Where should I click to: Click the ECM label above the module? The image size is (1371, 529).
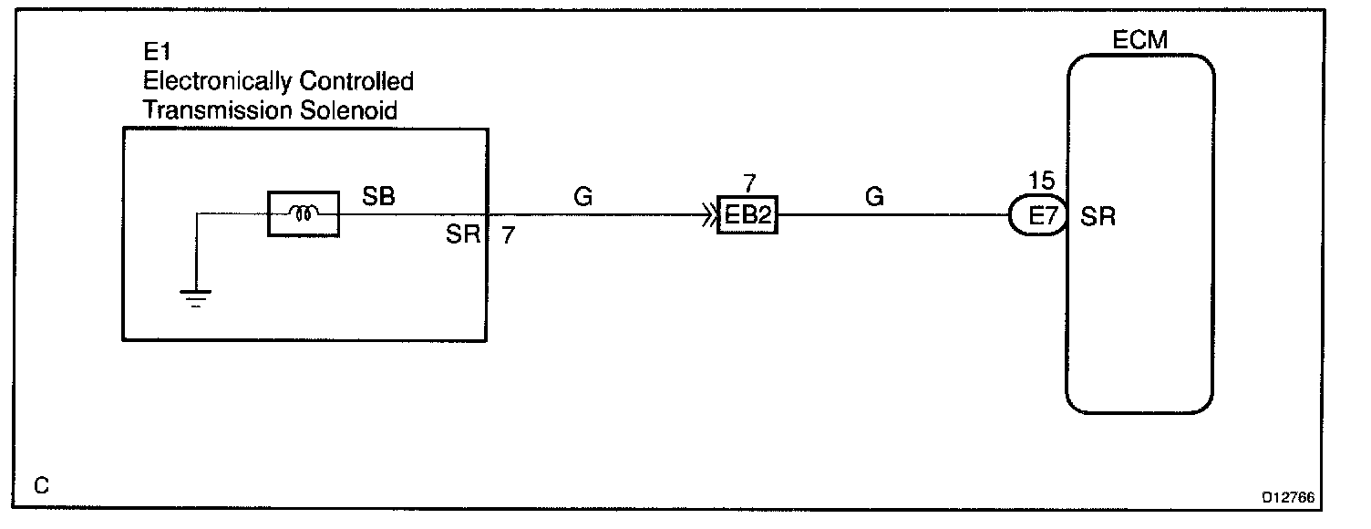pos(1140,40)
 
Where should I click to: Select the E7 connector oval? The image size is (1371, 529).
pos(1037,217)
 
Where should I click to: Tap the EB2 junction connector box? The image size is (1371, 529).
pos(747,215)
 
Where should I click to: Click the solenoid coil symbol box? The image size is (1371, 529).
pos(303,214)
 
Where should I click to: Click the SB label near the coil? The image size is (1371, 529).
pos(379,196)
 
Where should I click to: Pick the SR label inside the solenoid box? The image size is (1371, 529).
pos(463,234)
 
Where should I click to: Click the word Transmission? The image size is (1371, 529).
pos(214,110)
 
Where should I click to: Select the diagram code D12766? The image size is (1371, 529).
pos(1289,499)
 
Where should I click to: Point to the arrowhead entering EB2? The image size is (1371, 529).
pos(708,216)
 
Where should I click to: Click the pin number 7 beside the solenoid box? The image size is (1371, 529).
pos(508,234)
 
